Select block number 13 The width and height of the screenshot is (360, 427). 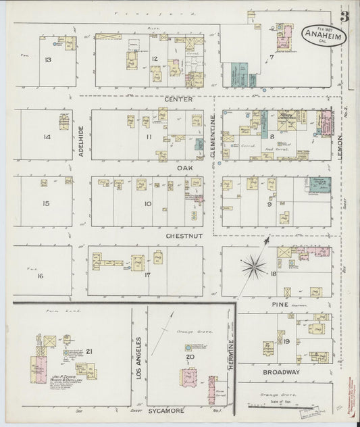(47, 61)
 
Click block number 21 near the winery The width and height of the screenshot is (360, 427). (88, 351)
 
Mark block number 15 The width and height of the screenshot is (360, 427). (46, 203)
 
